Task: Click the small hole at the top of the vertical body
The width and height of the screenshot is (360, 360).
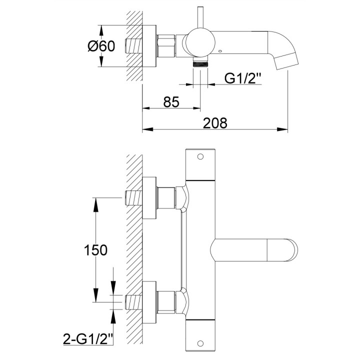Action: [x=200, y=156]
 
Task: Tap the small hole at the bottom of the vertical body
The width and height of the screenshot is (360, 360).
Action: [x=200, y=343]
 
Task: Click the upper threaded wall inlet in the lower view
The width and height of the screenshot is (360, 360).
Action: [x=133, y=198]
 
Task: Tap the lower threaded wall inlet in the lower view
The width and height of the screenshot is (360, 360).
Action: [x=133, y=301]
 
